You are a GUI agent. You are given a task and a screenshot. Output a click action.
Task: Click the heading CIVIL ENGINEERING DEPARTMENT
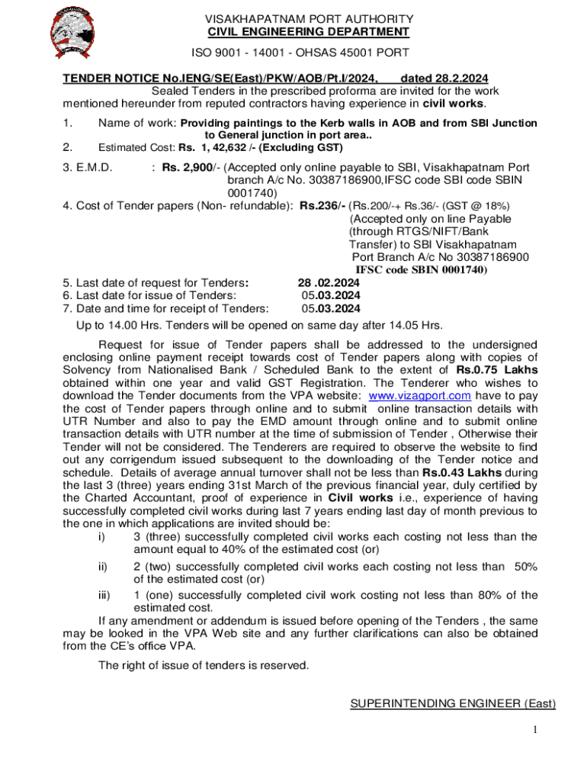click(309, 32)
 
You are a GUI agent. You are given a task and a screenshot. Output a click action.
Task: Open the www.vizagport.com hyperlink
click(419, 395)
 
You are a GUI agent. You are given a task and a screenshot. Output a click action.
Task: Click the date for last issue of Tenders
click(331, 296)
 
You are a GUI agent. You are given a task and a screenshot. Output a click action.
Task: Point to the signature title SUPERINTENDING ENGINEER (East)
click(453, 703)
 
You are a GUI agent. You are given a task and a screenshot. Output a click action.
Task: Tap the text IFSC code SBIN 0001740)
click(422, 270)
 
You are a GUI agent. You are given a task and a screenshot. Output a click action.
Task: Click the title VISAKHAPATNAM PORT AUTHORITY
click(309, 18)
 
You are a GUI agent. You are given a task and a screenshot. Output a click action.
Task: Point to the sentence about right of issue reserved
click(204, 665)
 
